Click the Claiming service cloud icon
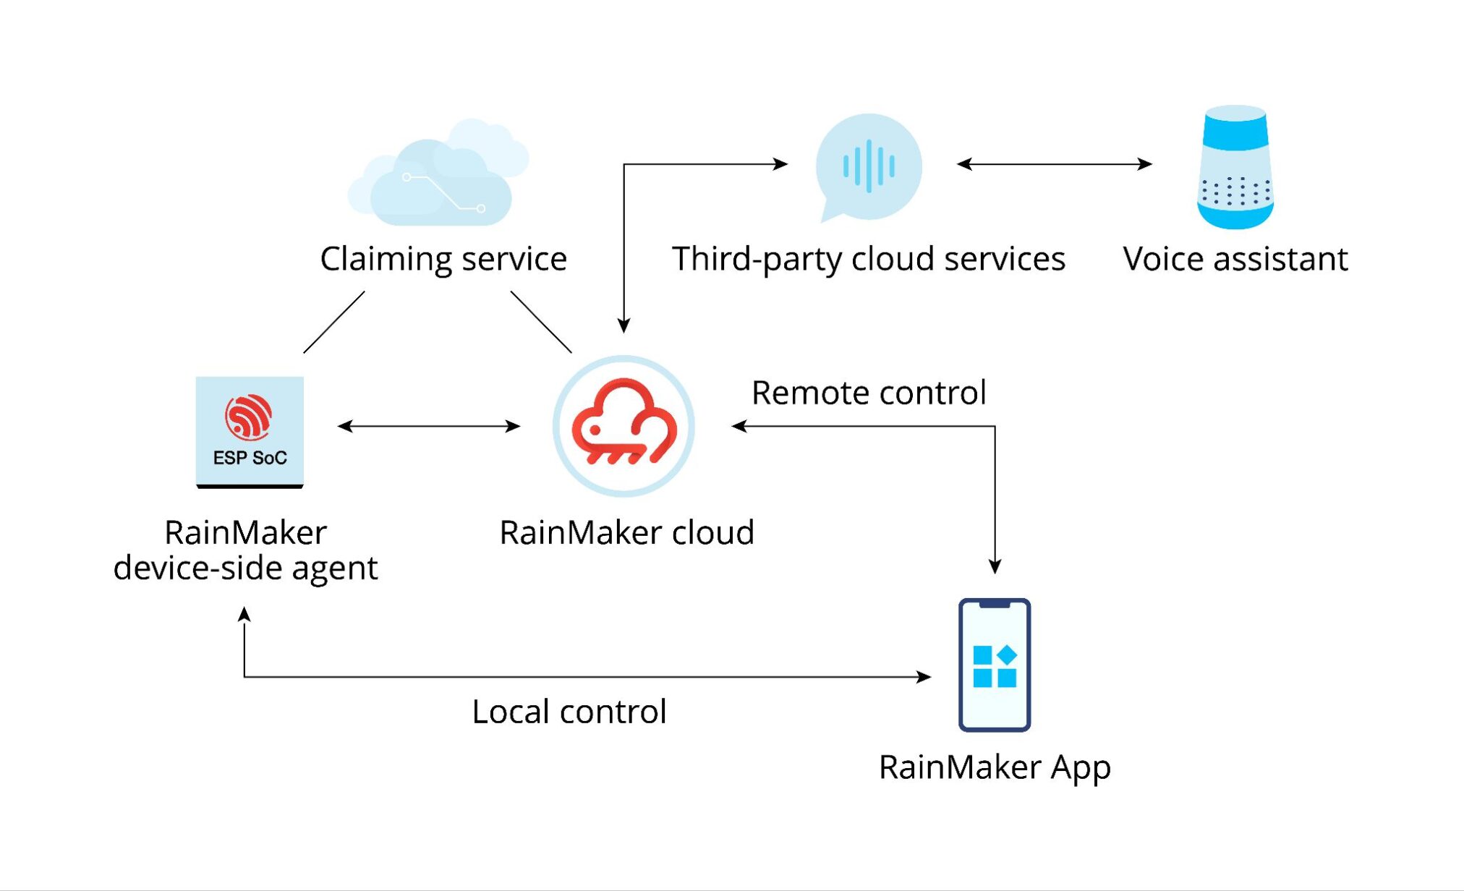[x=439, y=176]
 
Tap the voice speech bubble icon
[x=868, y=166]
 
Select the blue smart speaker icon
[x=1235, y=168]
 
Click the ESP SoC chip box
[x=250, y=432]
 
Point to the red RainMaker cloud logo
[x=624, y=425]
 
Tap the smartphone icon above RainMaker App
[x=995, y=665]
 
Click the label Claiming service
[x=443, y=259]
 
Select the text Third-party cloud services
[x=868, y=259]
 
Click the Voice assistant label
[x=1235, y=259]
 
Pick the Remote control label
[x=869, y=393]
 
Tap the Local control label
[x=569, y=712]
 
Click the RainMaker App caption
[x=995, y=767]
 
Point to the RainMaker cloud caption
[x=626, y=533]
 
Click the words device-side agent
[x=245, y=568]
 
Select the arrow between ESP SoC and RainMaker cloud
[x=429, y=426]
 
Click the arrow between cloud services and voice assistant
[x=1054, y=164]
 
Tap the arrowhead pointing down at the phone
[x=995, y=566]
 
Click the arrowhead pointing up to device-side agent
[x=244, y=614]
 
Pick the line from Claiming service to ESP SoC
[x=333, y=323]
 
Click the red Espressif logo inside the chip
[x=248, y=417]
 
